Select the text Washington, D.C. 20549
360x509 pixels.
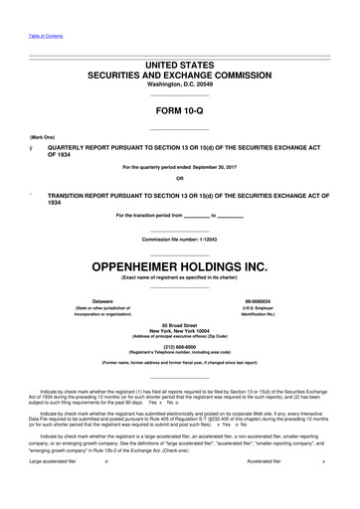pos(180,85)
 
